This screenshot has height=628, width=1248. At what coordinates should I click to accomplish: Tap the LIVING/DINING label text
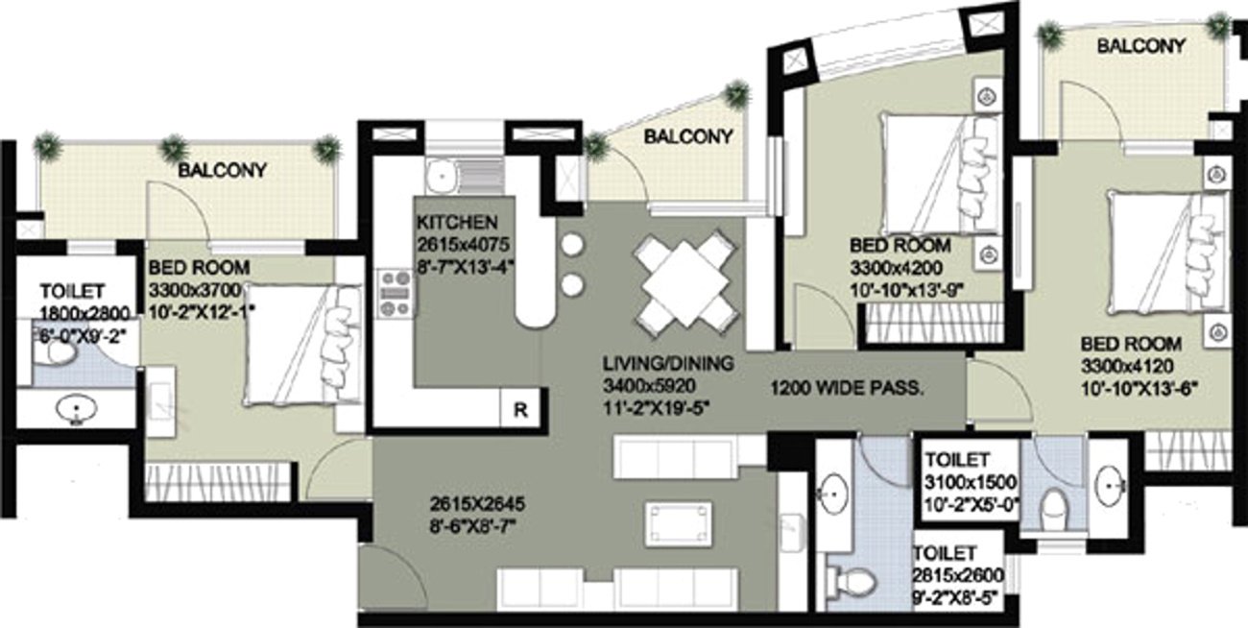[668, 364]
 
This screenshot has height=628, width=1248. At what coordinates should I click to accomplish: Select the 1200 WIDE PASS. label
[847, 389]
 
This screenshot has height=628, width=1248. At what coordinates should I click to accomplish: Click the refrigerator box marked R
[520, 409]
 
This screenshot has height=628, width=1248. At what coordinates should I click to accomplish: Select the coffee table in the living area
[678, 523]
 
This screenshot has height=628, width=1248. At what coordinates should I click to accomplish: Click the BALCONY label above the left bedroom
[222, 171]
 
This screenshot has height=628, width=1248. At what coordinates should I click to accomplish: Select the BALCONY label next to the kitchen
[688, 137]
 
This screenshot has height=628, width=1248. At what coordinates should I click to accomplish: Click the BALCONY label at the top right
[1140, 46]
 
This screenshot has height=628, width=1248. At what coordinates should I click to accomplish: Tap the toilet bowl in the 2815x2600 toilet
[856, 580]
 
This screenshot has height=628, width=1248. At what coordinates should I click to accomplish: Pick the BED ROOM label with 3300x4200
[900, 245]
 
